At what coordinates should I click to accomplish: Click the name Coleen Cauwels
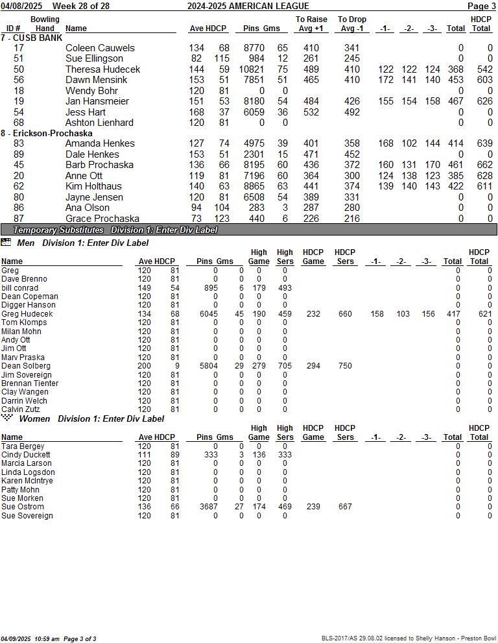tap(100, 48)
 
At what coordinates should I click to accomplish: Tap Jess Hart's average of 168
tap(196, 112)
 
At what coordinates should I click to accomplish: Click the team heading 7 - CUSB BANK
tap(32, 38)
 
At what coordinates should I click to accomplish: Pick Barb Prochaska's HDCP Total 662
tap(480, 165)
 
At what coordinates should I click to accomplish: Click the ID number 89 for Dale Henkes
tap(19, 154)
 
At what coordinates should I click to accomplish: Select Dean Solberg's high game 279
tap(259, 366)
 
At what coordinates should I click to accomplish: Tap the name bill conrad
tap(19, 288)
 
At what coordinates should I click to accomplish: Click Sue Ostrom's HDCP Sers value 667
tap(345, 507)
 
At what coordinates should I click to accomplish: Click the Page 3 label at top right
tap(481, 6)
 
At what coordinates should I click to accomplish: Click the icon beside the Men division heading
tap(6, 243)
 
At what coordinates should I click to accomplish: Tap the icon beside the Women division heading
tap(7, 418)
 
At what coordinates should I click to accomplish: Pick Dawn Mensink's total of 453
tap(455, 80)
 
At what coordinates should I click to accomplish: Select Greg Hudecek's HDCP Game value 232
tap(313, 314)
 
